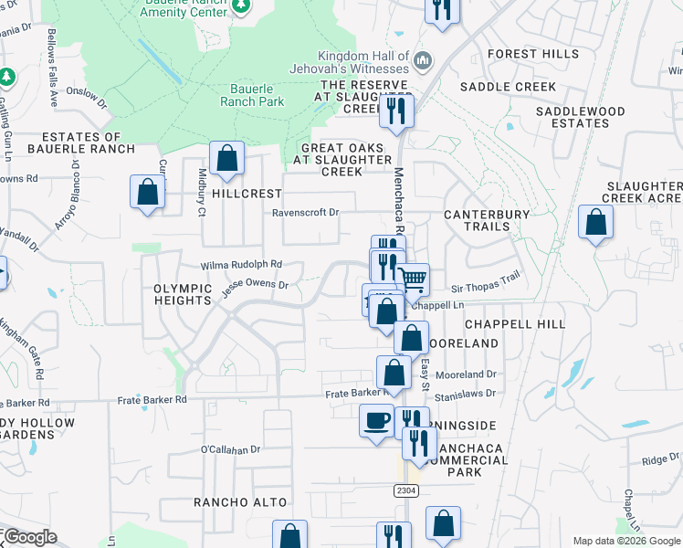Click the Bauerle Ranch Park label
click(251, 96)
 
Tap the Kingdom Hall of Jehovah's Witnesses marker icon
click(422, 61)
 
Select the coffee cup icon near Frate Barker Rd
click(376, 421)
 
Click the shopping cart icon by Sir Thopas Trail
click(414, 279)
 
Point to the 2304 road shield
click(407, 490)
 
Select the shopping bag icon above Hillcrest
click(226, 158)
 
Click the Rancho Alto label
click(240, 502)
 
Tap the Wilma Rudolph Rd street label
click(242, 265)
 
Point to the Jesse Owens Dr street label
click(257, 285)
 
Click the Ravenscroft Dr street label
click(305, 213)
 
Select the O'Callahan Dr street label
click(231, 449)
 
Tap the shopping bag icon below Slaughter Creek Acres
click(595, 223)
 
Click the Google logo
click(29, 537)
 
